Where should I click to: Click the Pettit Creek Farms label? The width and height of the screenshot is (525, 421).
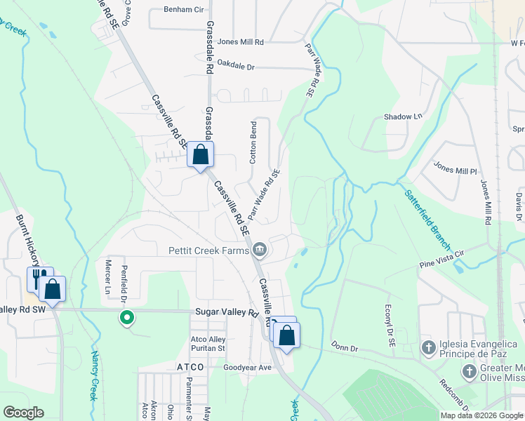[x=208, y=250]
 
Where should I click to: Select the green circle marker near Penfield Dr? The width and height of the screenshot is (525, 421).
[x=126, y=318]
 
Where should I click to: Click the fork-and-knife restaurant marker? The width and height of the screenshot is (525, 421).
[x=37, y=278]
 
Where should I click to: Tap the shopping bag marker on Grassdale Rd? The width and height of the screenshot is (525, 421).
[x=201, y=154]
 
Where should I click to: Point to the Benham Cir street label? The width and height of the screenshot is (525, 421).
[x=183, y=10]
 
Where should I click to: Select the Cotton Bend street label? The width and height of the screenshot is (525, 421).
[x=253, y=142]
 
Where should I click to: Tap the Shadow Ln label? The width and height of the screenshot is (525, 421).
[x=404, y=116]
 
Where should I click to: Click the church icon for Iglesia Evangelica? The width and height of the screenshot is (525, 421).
[x=428, y=347]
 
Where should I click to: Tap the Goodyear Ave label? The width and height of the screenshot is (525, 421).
[x=246, y=368]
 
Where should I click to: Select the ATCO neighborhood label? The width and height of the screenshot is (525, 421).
[x=190, y=367]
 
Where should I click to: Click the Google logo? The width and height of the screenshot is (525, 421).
[x=24, y=412]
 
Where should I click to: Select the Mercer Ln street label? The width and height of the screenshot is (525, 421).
[x=108, y=278]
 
